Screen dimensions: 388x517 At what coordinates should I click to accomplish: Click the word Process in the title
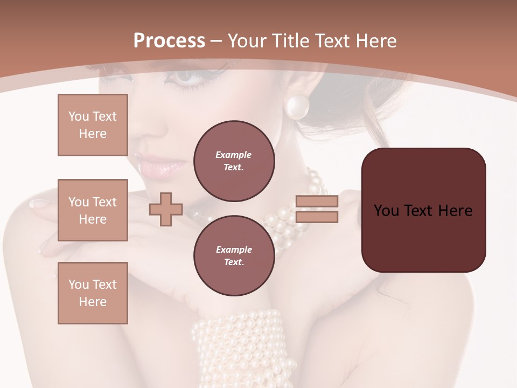pyautogui.click(x=169, y=41)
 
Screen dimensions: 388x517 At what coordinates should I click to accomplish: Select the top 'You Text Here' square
pyautogui.click(x=93, y=125)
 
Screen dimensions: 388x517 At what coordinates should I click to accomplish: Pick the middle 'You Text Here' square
pyautogui.click(x=93, y=210)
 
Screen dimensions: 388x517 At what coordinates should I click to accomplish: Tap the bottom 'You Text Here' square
pyautogui.click(x=93, y=293)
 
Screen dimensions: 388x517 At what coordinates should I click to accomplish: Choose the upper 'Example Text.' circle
pyautogui.click(x=234, y=161)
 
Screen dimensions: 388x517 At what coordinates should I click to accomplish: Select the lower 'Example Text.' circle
pyautogui.click(x=234, y=255)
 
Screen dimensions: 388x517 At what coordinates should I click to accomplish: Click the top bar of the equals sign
pyautogui.click(x=317, y=201)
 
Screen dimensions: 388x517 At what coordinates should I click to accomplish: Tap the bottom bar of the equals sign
pyautogui.click(x=317, y=217)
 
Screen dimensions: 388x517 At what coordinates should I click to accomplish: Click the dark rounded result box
pyautogui.click(x=423, y=210)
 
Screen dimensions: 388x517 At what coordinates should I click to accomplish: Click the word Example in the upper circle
pyautogui.click(x=233, y=155)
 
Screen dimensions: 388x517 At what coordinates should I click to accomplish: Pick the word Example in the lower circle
pyautogui.click(x=234, y=250)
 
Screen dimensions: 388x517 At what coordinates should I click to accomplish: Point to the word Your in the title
pyautogui.click(x=246, y=41)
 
